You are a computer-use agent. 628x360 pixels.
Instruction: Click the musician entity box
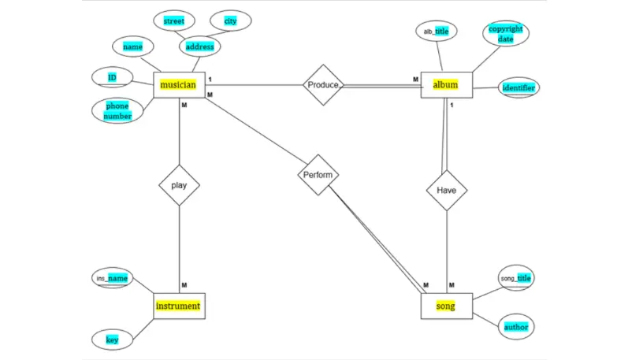[179, 84]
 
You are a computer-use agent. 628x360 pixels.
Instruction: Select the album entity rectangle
[447, 84]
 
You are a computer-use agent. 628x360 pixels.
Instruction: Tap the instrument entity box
[179, 306]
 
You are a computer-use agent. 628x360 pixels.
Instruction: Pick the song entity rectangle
[446, 306]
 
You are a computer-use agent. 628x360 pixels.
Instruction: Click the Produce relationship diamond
[324, 84]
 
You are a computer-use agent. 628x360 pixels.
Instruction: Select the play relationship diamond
[179, 187]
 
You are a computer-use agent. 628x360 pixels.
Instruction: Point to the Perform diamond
[319, 173]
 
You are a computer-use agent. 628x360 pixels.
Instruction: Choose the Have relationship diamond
[447, 190]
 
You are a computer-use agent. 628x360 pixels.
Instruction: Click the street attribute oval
[173, 21]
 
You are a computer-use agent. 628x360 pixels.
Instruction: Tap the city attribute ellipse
[230, 21]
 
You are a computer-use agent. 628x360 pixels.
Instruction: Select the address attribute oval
[200, 47]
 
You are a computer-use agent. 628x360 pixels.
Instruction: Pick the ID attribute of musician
[112, 77]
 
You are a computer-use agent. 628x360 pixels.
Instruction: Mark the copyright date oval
[505, 34]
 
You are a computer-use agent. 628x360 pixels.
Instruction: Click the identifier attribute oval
[518, 87]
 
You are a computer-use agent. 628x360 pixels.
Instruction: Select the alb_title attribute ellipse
[436, 32]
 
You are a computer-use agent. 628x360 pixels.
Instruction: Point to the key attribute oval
[112, 340]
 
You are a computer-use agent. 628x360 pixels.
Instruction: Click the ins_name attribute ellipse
[112, 278]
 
